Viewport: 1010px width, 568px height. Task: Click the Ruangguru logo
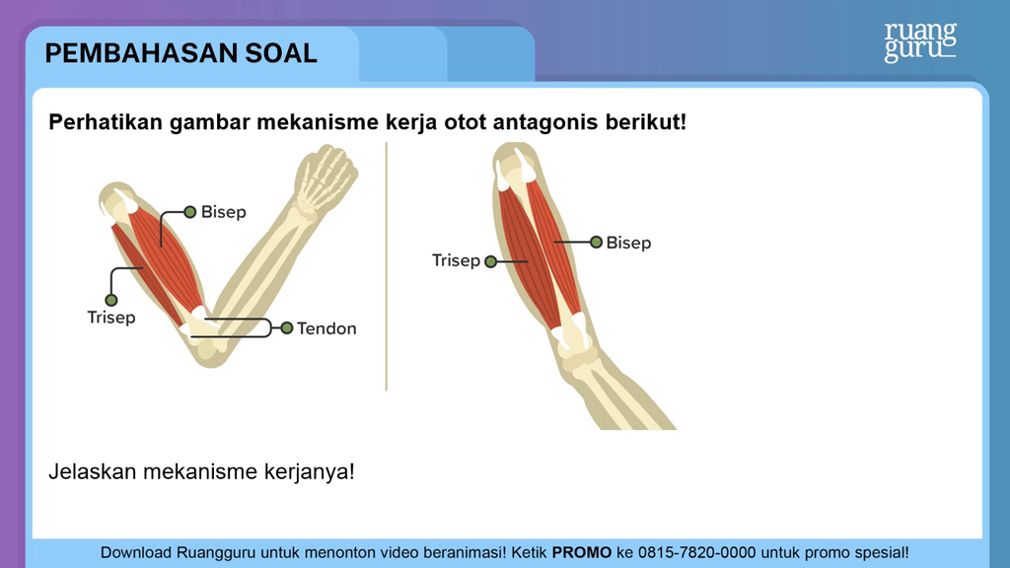[x=920, y=42]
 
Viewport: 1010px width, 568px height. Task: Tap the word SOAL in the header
[x=281, y=53]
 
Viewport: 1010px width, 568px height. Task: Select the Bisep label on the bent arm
[x=224, y=212]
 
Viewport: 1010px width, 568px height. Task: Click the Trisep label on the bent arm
[x=111, y=318]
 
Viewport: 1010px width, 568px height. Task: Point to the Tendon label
[x=326, y=328]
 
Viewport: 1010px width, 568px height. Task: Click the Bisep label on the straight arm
[x=628, y=243]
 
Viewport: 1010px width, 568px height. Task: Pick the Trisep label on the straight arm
[x=456, y=260]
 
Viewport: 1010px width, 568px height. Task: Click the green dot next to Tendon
[x=287, y=328]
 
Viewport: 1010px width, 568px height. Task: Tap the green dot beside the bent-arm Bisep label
[x=190, y=212]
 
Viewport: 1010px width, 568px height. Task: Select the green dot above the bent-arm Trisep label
[x=111, y=300]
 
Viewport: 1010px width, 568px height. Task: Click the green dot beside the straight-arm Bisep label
[x=596, y=243]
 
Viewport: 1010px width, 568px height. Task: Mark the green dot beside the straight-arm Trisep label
[x=491, y=261]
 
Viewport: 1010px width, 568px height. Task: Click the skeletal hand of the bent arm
[x=325, y=177]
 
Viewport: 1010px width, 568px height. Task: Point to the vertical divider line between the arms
[x=387, y=266]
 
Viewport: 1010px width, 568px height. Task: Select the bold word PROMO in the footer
[x=582, y=552]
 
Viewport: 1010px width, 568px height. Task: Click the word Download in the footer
[x=136, y=552]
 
